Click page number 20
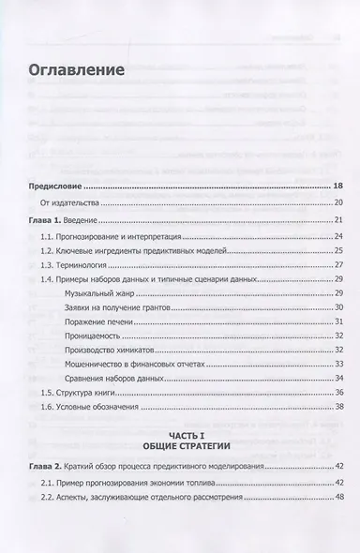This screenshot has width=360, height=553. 338,202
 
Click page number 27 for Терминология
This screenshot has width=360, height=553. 339,265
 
